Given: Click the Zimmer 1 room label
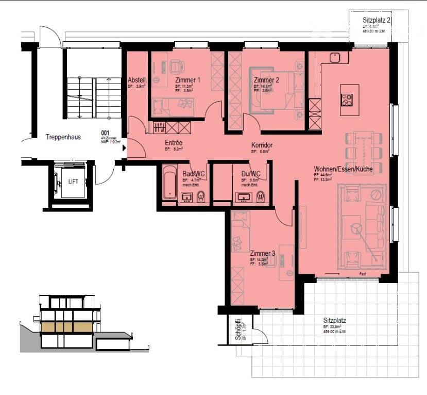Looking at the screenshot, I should pyautogui.click(x=187, y=80).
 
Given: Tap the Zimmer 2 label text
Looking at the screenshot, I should pyautogui.click(x=266, y=80).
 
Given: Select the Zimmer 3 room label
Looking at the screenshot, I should pyautogui.click(x=263, y=253).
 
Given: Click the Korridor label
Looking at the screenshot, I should pyautogui.click(x=262, y=145).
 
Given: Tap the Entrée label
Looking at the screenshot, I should pyautogui.click(x=175, y=142).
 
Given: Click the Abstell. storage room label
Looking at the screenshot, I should pyautogui.click(x=137, y=80).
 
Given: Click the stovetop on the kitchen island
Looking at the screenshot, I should pyautogui.click(x=347, y=99).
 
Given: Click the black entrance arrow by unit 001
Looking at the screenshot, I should pyautogui.click(x=124, y=149).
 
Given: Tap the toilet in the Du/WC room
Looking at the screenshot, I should pyautogui.click(x=261, y=195).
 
